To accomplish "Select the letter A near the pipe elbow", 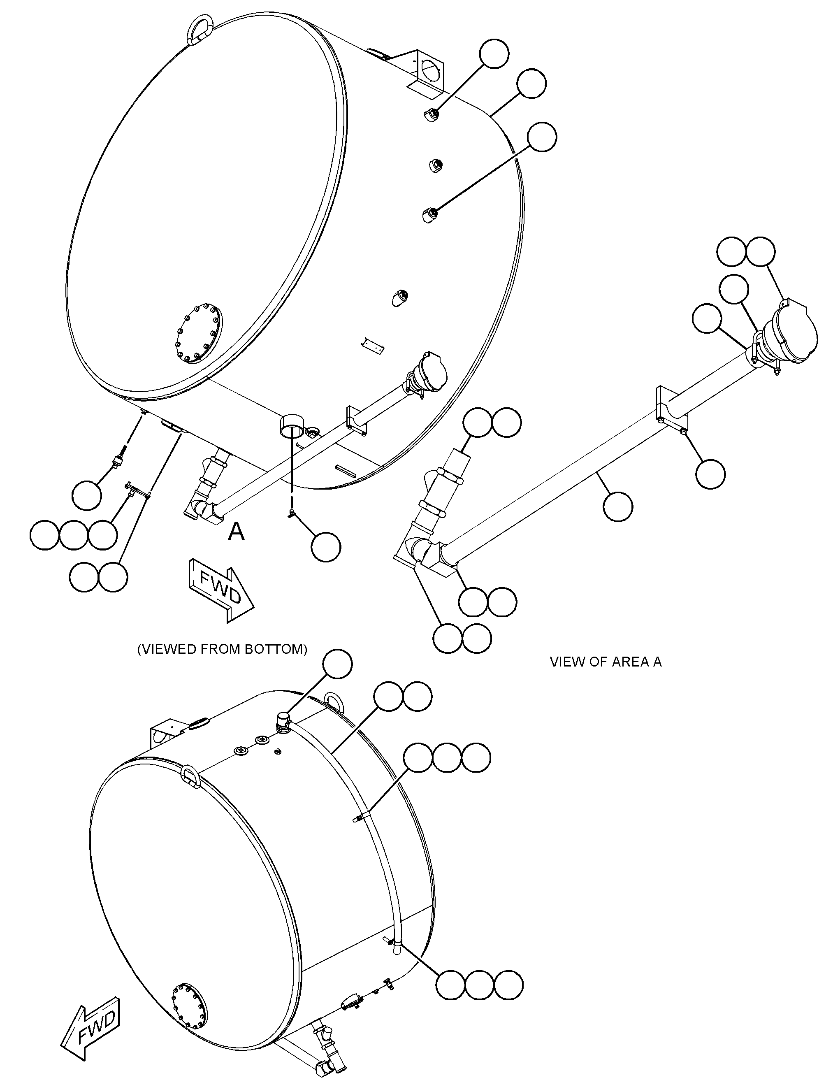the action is click(237, 532).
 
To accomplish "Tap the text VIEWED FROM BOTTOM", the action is click(222, 649).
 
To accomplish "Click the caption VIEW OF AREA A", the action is click(606, 662).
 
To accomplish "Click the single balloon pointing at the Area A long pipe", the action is click(618, 507).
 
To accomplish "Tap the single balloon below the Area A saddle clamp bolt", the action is click(710, 474).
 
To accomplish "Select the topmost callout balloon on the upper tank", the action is click(494, 53).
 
